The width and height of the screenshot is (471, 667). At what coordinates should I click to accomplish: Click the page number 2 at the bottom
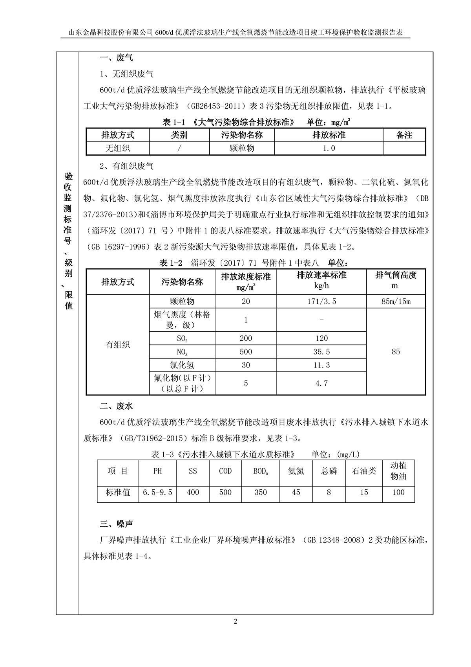coord(235,621)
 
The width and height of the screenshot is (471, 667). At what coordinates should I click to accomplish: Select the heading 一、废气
coord(117,58)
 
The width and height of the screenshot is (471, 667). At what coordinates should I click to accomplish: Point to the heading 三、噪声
coord(117,524)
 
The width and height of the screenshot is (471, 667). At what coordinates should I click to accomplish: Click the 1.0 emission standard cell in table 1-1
coord(329,148)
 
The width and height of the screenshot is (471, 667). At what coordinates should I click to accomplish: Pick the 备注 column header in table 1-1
coord(404,135)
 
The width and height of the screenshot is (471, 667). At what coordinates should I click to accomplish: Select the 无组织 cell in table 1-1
coord(118,148)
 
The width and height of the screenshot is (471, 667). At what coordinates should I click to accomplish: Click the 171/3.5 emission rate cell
coord(321,301)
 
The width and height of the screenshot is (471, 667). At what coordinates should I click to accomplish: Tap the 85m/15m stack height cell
coord(396,301)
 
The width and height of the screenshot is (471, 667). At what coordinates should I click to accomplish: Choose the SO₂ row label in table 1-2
coord(182,338)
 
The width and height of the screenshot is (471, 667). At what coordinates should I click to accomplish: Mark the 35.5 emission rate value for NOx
coord(321,352)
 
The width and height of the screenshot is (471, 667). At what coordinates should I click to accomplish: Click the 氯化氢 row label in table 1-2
coord(182,365)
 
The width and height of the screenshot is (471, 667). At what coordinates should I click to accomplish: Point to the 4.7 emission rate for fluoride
coord(321,383)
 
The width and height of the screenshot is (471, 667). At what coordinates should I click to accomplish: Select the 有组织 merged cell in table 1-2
coord(118,345)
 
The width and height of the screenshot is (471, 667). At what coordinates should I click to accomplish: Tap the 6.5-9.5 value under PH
coord(158,492)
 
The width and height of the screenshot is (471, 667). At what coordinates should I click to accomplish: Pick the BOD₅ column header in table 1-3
coord(261,471)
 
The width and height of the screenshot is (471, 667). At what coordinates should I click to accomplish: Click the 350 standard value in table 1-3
coord(261,492)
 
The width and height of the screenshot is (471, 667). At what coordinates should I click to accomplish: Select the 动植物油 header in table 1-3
coord(398,471)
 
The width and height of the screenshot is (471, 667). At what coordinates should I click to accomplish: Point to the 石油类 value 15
coord(364,492)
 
